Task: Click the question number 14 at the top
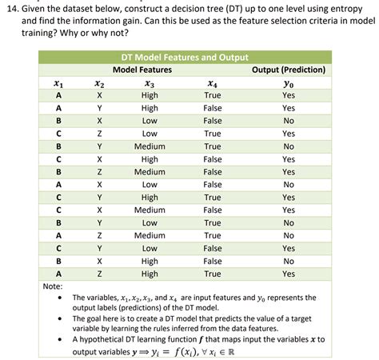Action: pyautogui.click(x=14, y=7)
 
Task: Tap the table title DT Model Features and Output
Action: pyautogui.click(x=184, y=58)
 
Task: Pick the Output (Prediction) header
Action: pyautogui.click(x=289, y=70)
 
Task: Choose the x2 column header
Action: pyautogui.click(x=99, y=82)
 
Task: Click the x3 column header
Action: pyautogui.click(x=150, y=82)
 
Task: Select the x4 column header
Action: pyautogui.click(x=212, y=82)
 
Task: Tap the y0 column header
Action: pyautogui.click(x=289, y=82)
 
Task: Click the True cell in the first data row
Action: pyautogui.click(x=212, y=95)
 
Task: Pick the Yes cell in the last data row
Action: pyautogui.click(x=289, y=274)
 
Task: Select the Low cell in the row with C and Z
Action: pyautogui.click(x=150, y=134)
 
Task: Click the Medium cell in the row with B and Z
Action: pyautogui.click(x=150, y=172)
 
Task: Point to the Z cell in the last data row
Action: pyautogui.click(x=99, y=274)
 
